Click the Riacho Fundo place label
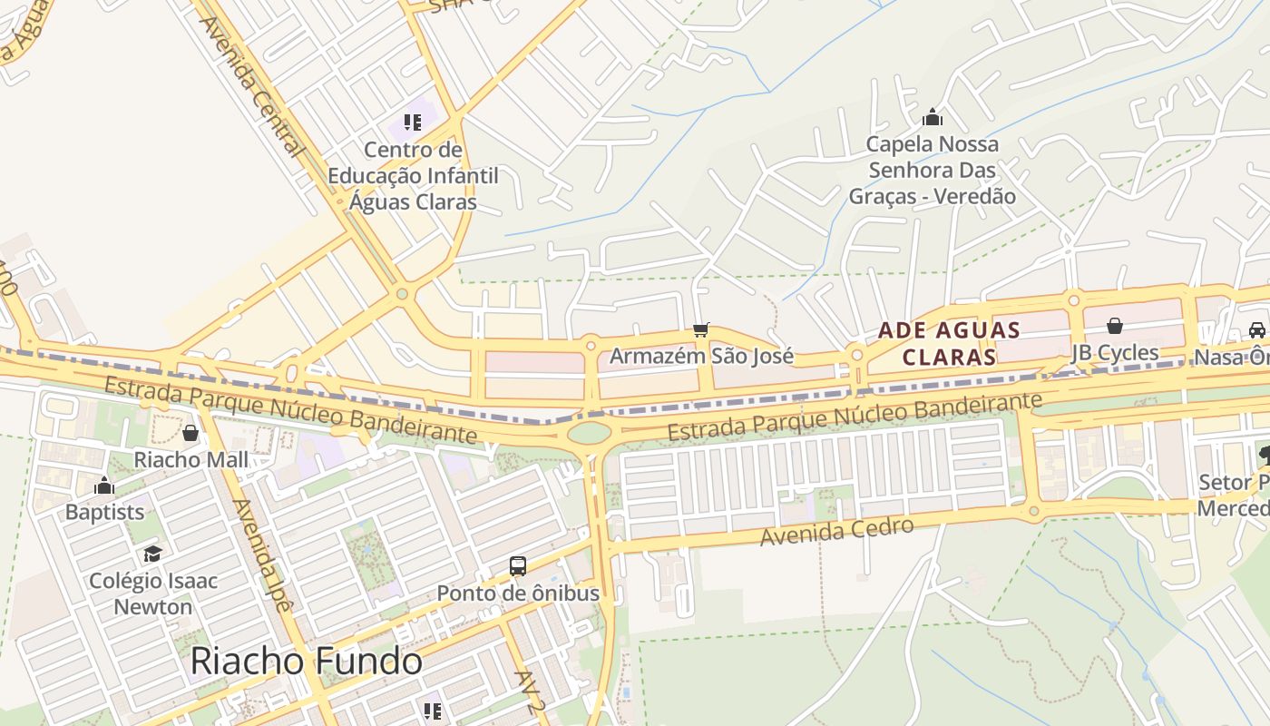(306, 662)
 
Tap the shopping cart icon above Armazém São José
(700, 330)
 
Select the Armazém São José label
(701, 356)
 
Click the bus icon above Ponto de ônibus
(518, 566)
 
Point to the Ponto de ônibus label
(518, 594)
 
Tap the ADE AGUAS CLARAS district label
(949, 343)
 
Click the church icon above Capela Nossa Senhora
(933, 117)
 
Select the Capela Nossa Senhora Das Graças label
(933, 170)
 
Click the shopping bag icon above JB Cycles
(1115, 325)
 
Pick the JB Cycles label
(1115, 352)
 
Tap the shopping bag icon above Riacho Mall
(190, 433)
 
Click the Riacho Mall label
(190, 459)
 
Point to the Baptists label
(104, 512)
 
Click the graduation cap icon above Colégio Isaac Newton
(152, 554)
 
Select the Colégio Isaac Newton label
(152, 594)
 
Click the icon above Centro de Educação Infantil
(413, 122)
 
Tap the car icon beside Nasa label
(1257, 330)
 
